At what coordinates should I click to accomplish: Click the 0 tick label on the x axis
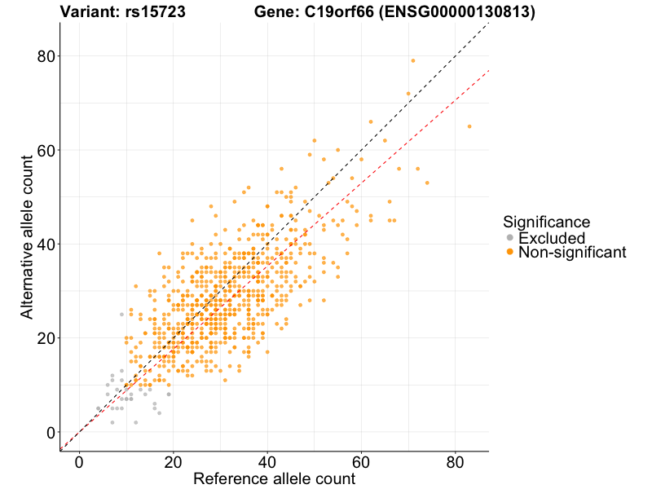[x=79, y=461]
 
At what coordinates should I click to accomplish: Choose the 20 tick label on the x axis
[x=173, y=461]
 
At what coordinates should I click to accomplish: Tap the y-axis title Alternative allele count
[x=27, y=236]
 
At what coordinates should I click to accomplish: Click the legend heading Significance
[x=546, y=221]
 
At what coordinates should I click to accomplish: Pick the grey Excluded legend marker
[x=510, y=238]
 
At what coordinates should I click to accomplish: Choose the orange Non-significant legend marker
[x=510, y=253]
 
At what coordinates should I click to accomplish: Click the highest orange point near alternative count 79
[x=413, y=60]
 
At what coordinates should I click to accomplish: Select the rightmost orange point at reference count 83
[x=469, y=126]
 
